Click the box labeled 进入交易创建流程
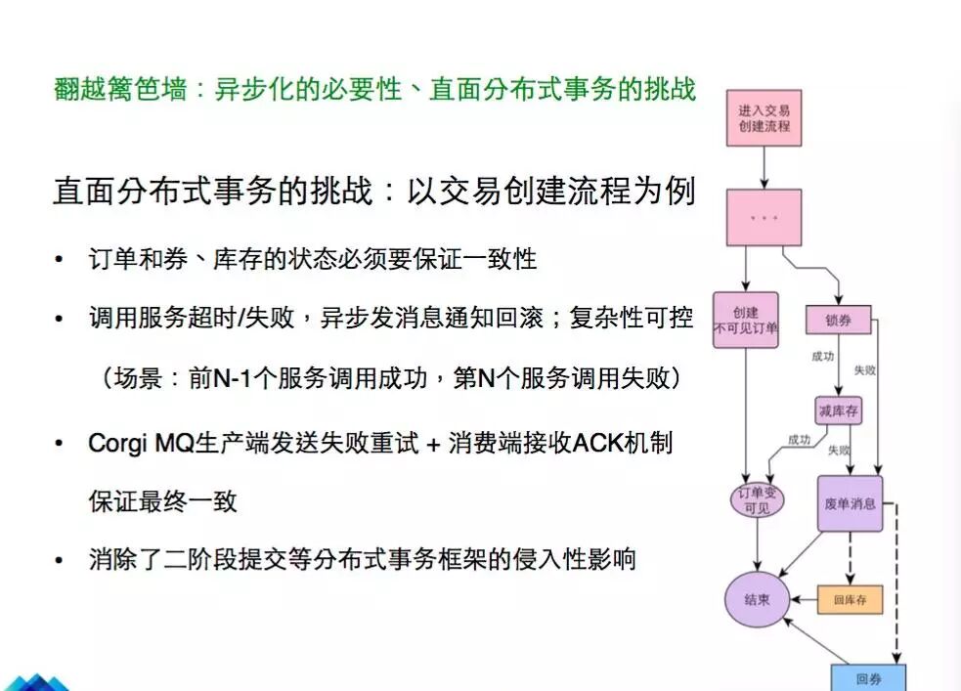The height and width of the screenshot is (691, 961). (764, 118)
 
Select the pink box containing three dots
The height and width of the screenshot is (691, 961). (764, 217)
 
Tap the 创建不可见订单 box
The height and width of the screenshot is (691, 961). (746, 321)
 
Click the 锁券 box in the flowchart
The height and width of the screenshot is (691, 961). (838, 320)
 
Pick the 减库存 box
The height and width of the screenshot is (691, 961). (838, 411)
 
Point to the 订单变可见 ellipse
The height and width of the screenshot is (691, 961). (758, 501)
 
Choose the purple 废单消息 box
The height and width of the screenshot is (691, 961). (850, 504)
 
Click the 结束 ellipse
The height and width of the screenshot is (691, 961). (757, 598)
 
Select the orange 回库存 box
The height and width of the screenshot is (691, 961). (850, 599)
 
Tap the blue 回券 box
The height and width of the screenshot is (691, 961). (868, 677)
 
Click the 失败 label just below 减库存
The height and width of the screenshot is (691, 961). (839, 451)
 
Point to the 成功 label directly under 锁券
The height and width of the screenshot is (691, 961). (821, 357)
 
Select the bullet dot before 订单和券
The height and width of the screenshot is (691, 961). (60, 261)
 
